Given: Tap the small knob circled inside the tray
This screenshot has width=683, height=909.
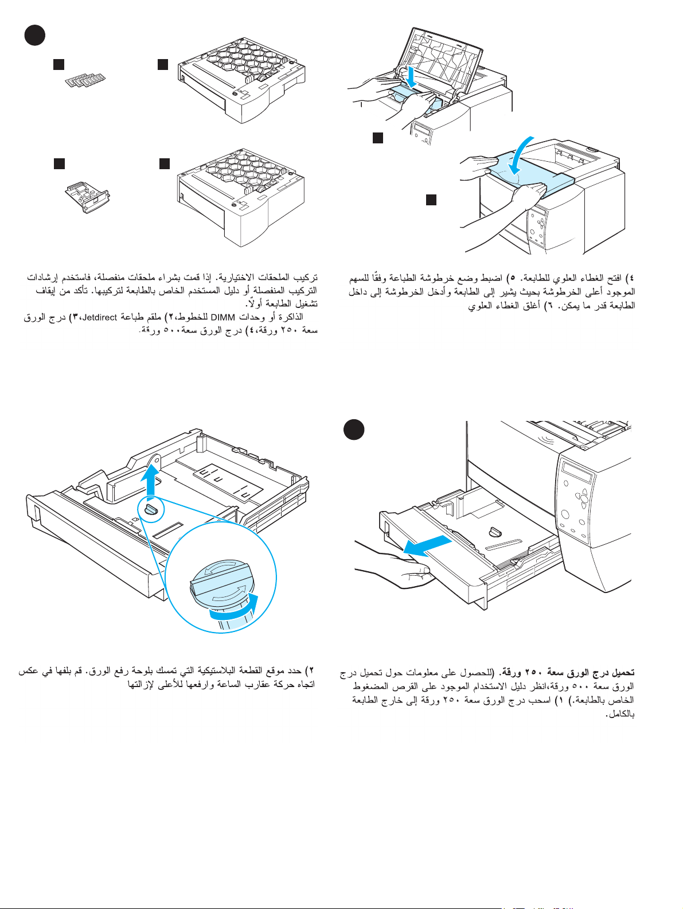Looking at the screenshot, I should [x=152, y=509].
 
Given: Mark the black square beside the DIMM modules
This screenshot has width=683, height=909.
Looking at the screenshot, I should [x=58, y=64].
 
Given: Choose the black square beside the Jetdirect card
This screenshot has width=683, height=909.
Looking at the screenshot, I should [x=58, y=163].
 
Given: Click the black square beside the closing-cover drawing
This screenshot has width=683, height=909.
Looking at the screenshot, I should [x=431, y=200].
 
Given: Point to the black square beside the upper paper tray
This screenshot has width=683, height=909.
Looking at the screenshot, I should [x=163, y=64].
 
